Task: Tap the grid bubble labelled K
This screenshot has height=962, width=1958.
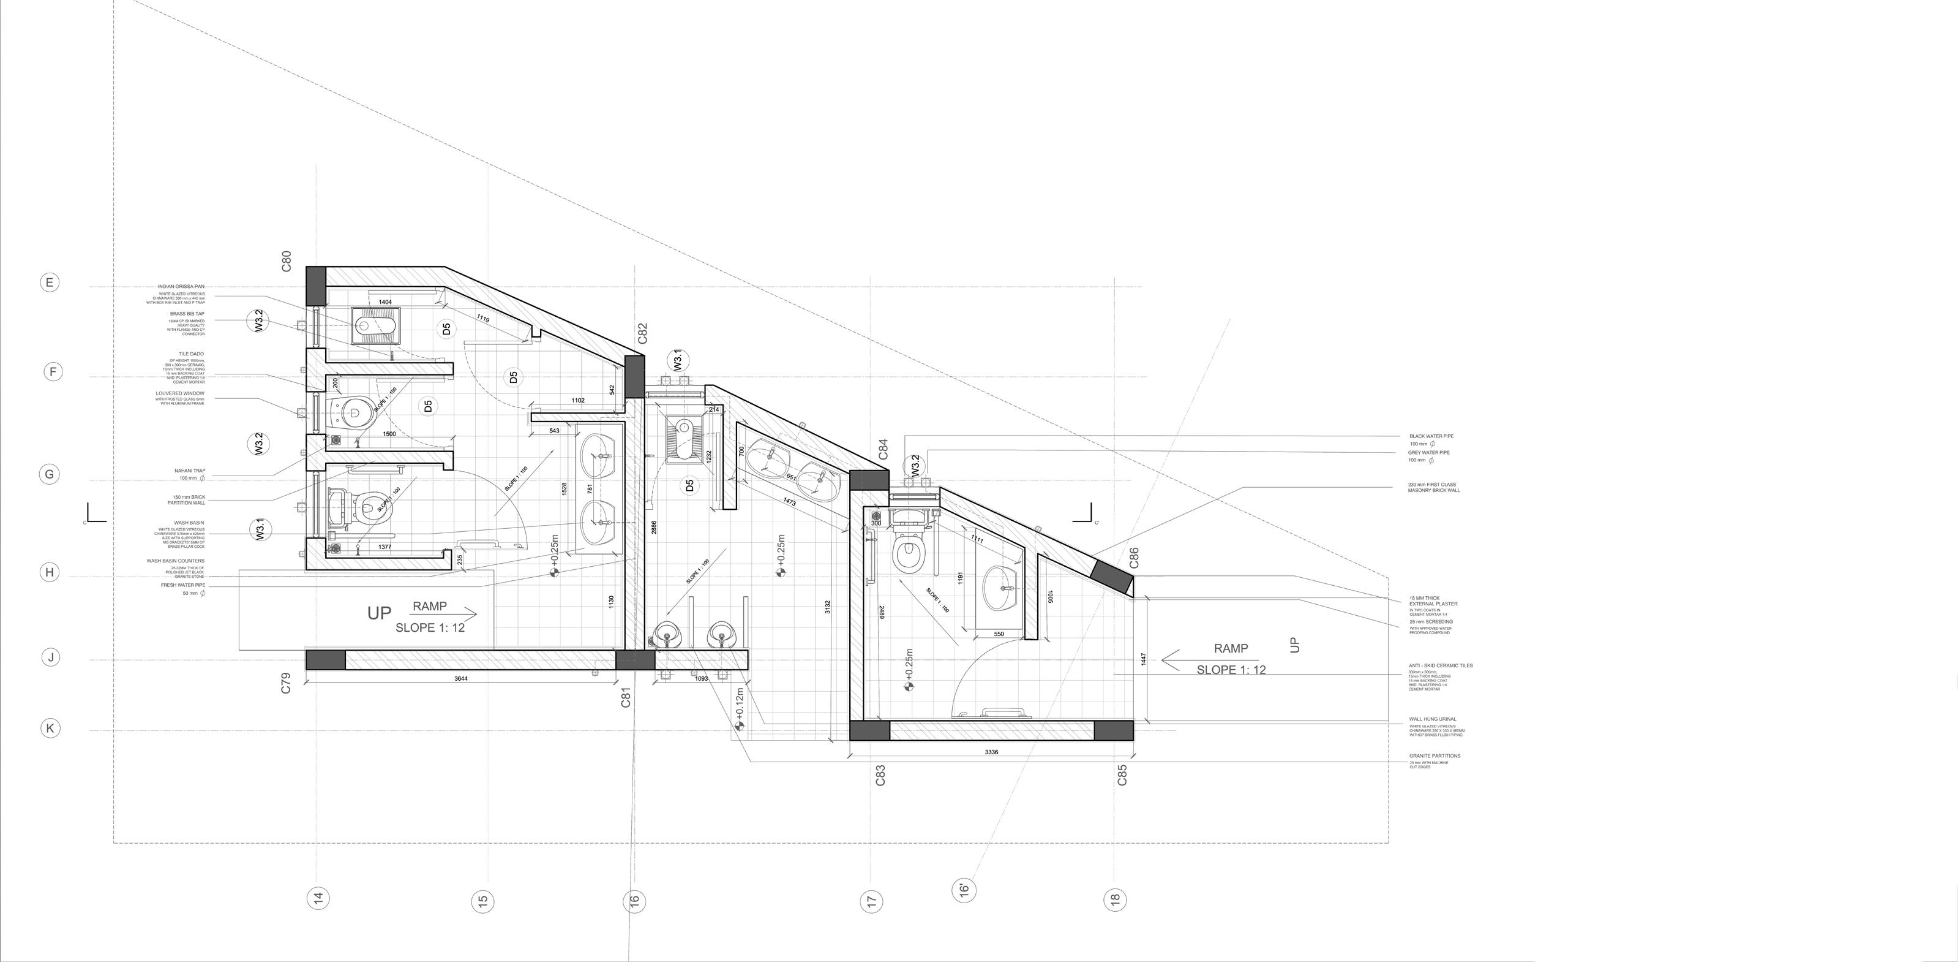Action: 50,729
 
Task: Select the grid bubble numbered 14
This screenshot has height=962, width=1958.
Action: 318,898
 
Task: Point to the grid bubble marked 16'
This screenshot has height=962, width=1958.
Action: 963,888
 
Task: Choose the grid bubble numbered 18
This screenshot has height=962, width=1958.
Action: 1114,899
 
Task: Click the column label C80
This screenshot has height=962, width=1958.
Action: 287,261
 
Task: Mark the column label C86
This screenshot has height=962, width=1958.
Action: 1134,558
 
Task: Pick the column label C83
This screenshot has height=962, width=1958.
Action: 881,775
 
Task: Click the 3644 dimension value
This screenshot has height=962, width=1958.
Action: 460,678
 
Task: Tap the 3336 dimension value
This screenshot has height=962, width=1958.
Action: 991,752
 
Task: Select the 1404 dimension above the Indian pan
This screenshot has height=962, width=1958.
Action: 385,303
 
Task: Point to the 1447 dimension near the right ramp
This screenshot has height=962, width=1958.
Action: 1143,659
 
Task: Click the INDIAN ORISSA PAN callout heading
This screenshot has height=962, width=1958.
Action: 181,287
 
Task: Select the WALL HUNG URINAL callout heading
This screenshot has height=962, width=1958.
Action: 1433,719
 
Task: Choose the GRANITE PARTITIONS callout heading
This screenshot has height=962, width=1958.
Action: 1435,756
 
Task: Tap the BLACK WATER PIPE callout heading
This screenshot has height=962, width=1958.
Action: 1431,436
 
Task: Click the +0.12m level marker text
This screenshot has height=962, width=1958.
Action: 740,703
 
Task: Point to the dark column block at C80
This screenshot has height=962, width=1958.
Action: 316,284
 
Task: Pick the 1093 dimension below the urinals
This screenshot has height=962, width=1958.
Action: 701,678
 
